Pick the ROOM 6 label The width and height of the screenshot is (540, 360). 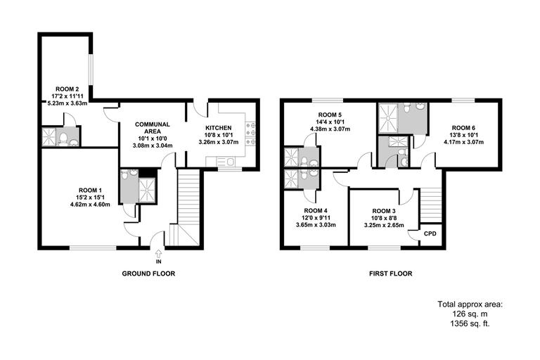[x=463, y=127]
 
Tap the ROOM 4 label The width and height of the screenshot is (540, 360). [x=316, y=210]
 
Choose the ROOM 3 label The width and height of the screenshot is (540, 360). [x=384, y=210]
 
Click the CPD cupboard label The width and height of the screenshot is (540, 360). [x=430, y=233]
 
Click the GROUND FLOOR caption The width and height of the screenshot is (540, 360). [x=148, y=274]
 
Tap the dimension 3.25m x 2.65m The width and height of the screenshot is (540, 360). [x=384, y=225]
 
